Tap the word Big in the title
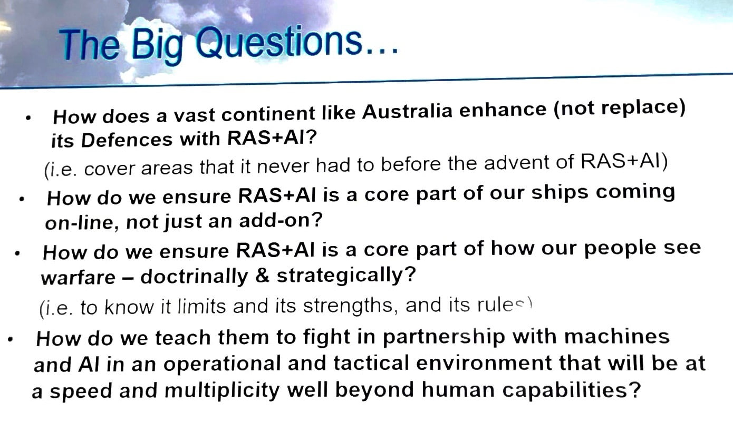[x=157, y=46]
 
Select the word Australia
[x=407, y=111]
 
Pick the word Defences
[x=127, y=140]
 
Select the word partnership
[x=443, y=337]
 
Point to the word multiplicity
[x=222, y=390]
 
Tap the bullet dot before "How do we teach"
[x=10, y=340]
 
